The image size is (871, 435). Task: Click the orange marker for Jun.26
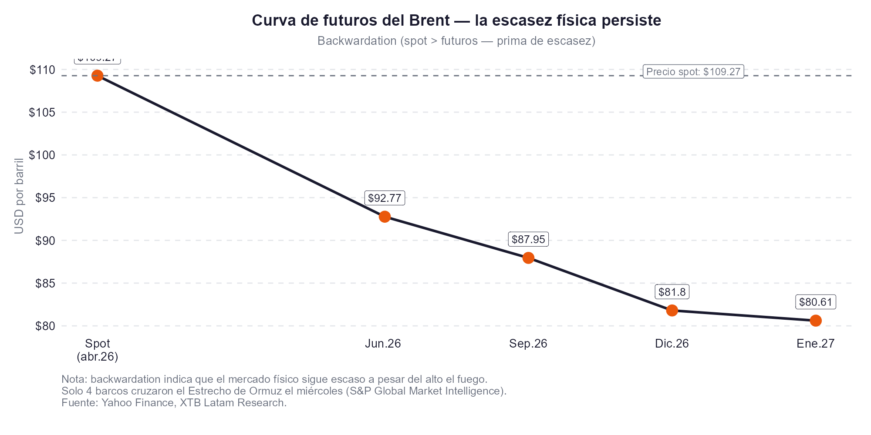(x=385, y=217)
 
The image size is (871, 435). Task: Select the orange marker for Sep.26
(x=528, y=258)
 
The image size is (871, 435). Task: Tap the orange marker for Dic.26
(x=672, y=310)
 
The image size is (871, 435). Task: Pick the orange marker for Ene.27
(x=816, y=321)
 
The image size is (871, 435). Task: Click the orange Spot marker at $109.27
(x=98, y=76)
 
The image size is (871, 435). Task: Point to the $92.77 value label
(x=385, y=198)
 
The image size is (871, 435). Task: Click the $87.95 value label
(x=528, y=240)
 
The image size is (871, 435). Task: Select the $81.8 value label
(x=672, y=292)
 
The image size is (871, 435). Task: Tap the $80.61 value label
(x=816, y=302)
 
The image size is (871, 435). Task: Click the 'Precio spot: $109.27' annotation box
(x=693, y=72)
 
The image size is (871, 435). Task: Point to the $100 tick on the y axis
(x=42, y=155)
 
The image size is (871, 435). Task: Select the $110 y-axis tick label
(x=42, y=70)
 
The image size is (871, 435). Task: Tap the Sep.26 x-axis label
(x=528, y=344)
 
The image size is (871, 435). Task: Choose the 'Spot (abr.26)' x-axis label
(x=98, y=350)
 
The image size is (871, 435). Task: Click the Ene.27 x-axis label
(x=816, y=344)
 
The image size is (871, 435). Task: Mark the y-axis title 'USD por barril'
(x=19, y=196)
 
